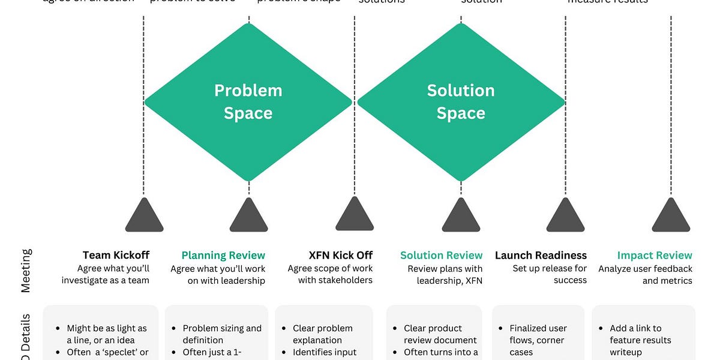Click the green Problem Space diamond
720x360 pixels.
(x=248, y=102)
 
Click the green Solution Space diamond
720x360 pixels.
(x=461, y=102)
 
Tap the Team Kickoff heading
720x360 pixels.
(x=116, y=255)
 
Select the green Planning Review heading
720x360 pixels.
(x=223, y=256)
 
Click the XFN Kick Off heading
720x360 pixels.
(x=341, y=255)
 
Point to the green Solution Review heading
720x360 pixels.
(x=441, y=255)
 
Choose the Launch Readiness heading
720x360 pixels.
(x=541, y=255)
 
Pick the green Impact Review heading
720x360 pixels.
(x=655, y=255)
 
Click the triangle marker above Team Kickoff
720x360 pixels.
(x=144, y=216)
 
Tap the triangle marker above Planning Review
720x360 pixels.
(x=248, y=216)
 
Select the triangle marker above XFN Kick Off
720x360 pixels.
(x=355, y=215)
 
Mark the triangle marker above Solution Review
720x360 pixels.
(x=461, y=216)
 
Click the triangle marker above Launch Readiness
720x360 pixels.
(x=565, y=216)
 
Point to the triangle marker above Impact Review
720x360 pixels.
(x=671, y=216)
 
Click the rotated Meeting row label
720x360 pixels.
(x=26, y=271)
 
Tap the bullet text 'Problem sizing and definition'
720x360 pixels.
(x=221, y=334)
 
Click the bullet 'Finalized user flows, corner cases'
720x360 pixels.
(x=538, y=340)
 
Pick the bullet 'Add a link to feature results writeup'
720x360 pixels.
(x=640, y=340)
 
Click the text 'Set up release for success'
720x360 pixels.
(x=550, y=274)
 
